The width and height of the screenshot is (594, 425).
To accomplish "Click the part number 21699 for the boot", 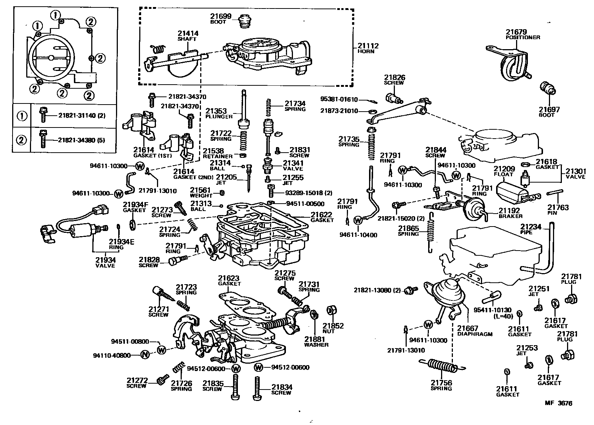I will click(221, 16).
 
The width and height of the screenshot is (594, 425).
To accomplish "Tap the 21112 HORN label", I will click(368, 48).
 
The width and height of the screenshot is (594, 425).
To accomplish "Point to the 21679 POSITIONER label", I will click(522, 35).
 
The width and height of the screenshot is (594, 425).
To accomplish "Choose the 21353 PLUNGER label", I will click(219, 113).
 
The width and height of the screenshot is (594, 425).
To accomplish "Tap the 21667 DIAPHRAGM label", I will click(474, 331).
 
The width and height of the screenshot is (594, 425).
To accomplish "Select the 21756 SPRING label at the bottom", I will click(441, 385).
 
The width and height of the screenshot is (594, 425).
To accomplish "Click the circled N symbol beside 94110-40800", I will click(145, 355).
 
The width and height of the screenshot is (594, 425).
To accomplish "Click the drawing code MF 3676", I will click(558, 403).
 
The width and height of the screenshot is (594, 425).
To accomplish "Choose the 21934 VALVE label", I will click(105, 263).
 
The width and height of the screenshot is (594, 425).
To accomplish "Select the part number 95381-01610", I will click(339, 99).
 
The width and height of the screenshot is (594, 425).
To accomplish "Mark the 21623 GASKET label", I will click(229, 280).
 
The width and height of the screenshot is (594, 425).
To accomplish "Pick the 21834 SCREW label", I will click(282, 390).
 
